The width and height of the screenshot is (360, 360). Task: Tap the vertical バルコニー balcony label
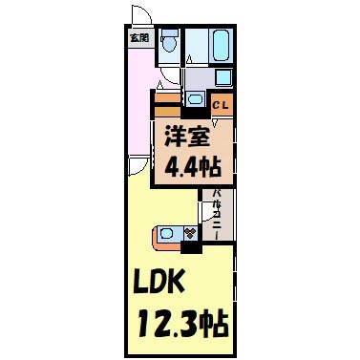pyautogui.click(x=218, y=214)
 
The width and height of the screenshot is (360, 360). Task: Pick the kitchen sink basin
pyautogui.click(x=168, y=232)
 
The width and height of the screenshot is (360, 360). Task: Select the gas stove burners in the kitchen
pyautogui.click(x=190, y=232)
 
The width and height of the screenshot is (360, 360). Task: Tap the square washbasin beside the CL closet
pyautogui.click(x=195, y=98)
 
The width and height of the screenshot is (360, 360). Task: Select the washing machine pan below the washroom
pyautogui.click(x=222, y=77)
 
